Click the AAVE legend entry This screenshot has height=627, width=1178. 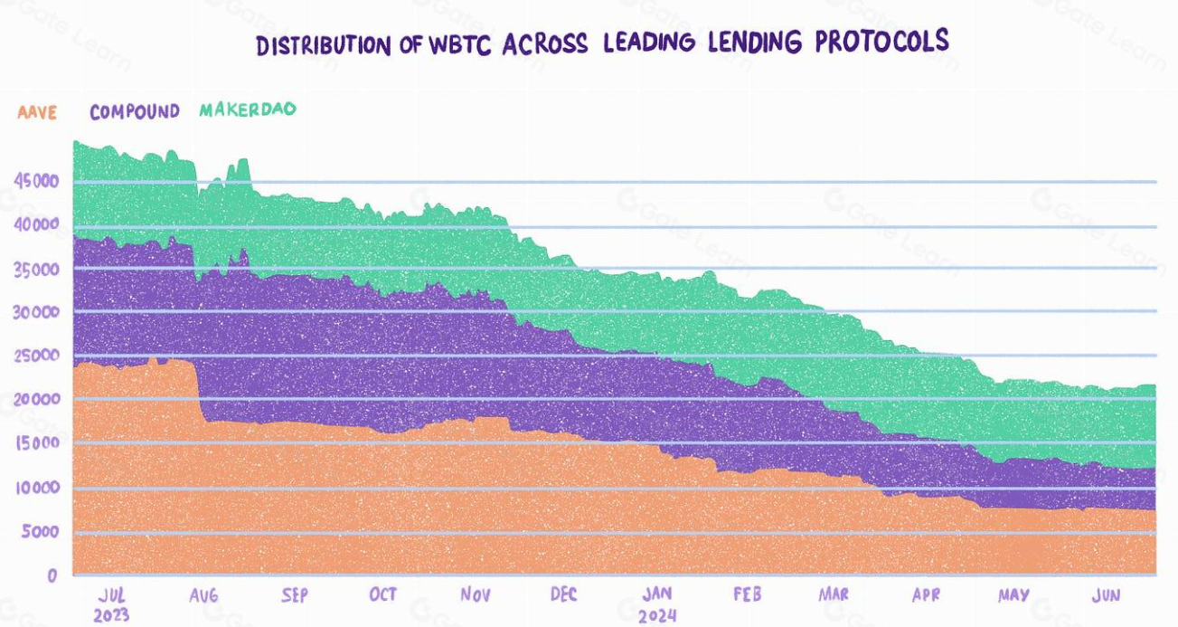click(38, 112)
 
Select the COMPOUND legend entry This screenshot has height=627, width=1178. click(135, 112)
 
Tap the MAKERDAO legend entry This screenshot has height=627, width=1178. click(248, 110)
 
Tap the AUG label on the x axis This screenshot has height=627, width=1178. click(204, 595)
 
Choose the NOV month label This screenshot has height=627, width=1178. click(476, 595)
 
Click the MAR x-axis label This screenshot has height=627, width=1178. click(834, 594)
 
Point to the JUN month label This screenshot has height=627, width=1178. click(1107, 594)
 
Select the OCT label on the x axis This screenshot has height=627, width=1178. click(382, 594)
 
